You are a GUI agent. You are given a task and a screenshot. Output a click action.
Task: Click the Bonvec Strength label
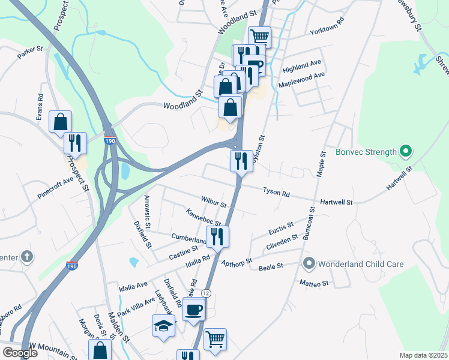pos(366,152)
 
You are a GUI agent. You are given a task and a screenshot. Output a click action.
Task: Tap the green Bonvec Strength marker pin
pos(405,151)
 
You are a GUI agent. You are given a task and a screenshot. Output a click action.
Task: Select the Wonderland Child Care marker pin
pos(309,263)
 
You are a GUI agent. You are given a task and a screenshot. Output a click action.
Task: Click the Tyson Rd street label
pos(276,193)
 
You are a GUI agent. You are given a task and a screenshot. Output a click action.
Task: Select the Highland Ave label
pos(302,65)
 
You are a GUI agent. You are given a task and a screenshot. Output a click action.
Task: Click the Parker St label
pos(31,52)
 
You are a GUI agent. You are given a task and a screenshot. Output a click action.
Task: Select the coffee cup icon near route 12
pos(194,310)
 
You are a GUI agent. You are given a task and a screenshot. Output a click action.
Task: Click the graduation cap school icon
pos(163,326)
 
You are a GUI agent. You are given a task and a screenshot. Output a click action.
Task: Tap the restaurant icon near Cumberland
pos(217,237)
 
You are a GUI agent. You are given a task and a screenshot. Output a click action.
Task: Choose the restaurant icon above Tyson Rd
pos(241,161)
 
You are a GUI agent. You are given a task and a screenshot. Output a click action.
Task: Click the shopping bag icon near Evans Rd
pos(61,122)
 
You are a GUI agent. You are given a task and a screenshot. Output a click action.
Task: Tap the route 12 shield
pos(206,293)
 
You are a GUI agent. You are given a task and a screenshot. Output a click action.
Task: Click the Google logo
pos(20,353)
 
